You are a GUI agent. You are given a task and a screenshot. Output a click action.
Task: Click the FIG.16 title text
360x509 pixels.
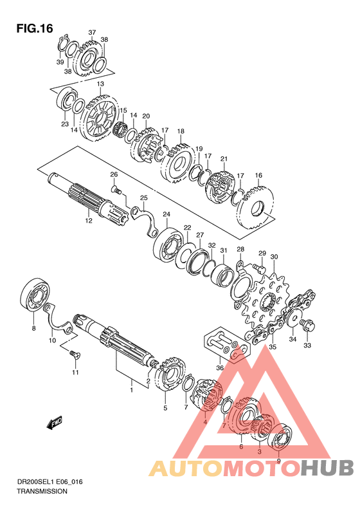coord(34,28)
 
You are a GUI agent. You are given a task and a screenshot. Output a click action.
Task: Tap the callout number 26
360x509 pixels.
coord(114,174)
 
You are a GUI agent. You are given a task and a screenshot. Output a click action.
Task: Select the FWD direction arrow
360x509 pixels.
coord(55,423)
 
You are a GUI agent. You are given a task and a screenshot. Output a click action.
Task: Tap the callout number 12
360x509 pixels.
coord(89,221)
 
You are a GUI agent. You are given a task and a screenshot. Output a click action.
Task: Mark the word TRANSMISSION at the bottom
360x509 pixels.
coord(42,491)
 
